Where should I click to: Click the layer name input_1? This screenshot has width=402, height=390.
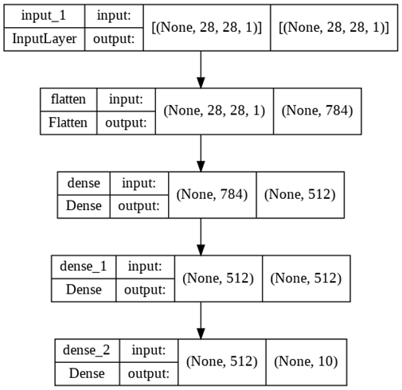pos(41,15)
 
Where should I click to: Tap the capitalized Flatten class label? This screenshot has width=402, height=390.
pos(68,123)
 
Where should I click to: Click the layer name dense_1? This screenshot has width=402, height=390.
pos(82,267)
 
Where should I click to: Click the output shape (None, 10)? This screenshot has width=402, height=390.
pos(306,361)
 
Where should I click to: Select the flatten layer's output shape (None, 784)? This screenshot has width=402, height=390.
pos(317,111)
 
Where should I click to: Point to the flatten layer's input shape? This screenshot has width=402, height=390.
pos(214,111)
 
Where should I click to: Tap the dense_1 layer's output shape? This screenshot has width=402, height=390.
pos(306,278)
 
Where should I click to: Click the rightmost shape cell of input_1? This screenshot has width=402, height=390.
pos(334,27)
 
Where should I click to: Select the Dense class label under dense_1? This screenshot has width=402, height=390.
pos(82,290)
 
